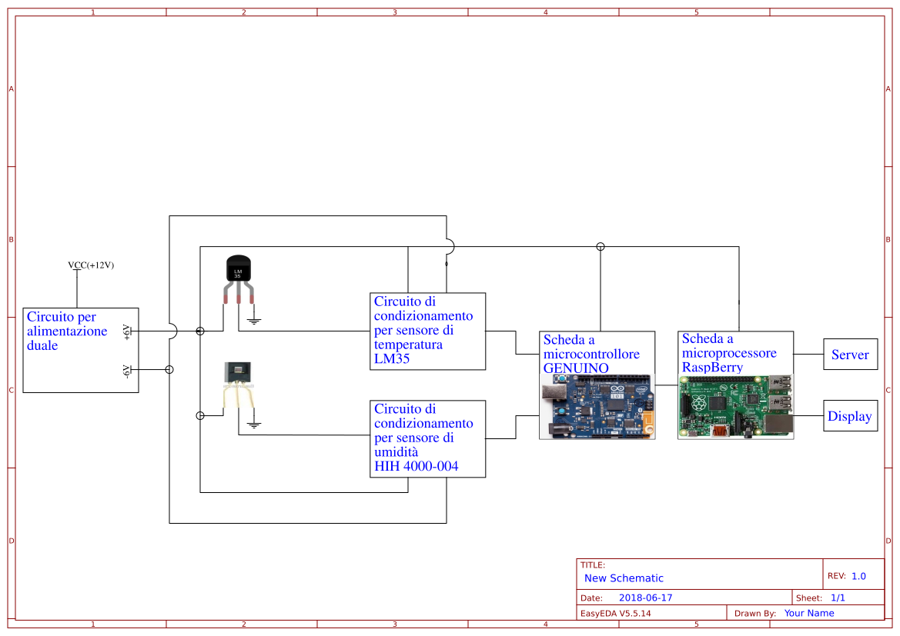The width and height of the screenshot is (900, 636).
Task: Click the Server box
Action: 850,355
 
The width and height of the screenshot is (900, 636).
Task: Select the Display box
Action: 850,416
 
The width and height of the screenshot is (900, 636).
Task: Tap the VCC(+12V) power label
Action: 91,265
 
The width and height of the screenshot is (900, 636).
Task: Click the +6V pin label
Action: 127,331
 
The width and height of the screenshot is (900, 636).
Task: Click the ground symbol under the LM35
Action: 254,319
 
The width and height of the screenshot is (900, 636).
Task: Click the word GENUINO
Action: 576,368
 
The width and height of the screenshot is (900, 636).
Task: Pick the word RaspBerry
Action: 712,367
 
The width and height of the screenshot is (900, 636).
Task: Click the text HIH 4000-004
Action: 416,466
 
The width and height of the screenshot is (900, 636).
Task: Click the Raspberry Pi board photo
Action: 735,408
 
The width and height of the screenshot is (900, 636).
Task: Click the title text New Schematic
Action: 624,578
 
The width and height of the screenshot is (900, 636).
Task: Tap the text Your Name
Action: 808,613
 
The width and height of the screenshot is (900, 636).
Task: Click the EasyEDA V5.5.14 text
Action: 615,613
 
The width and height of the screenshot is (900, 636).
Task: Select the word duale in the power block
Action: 42,345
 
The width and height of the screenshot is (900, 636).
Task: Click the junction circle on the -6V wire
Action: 169,370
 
